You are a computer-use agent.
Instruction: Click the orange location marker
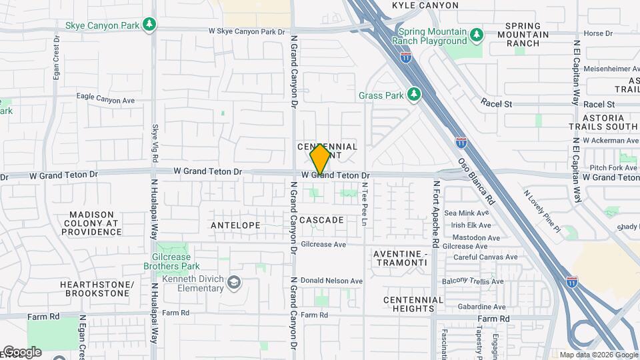point(320,159)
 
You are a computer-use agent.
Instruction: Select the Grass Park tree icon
point(414,95)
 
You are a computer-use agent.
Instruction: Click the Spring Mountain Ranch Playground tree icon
point(475,33)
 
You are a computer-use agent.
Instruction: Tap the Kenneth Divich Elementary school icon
point(233,283)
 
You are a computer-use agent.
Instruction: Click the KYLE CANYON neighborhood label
point(425,5)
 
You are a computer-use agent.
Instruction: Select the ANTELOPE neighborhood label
point(235,225)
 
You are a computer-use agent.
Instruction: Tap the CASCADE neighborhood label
point(321,220)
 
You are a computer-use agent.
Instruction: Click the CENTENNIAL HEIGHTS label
point(413,304)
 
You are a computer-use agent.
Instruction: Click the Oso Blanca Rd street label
point(476,181)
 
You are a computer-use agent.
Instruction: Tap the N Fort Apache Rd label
point(437,207)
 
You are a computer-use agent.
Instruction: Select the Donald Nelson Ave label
point(331,281)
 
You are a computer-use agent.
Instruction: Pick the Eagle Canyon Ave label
point(105,98)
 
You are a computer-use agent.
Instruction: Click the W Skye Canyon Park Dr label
point(247,31)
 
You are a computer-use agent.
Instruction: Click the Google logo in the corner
point(21,352)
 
